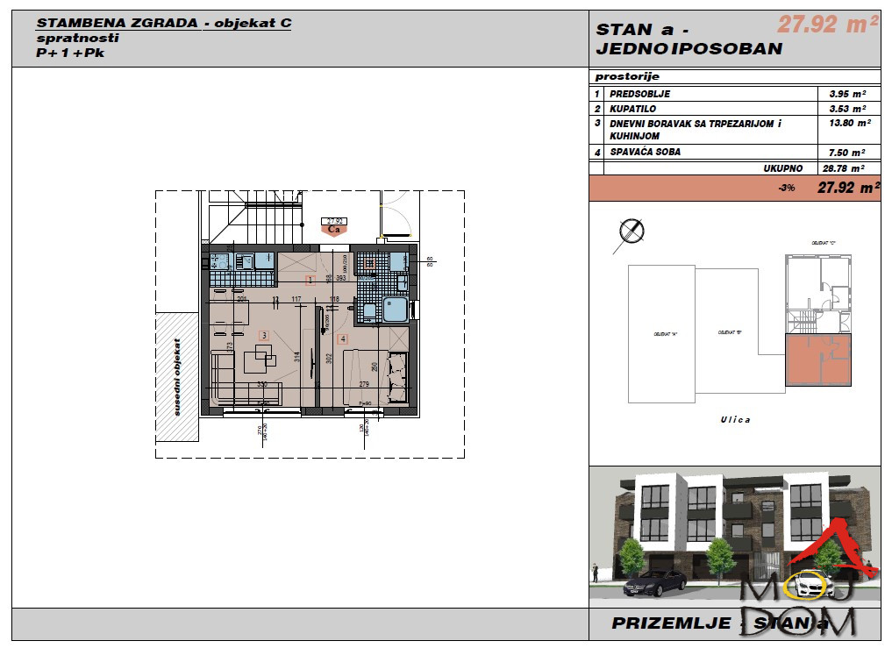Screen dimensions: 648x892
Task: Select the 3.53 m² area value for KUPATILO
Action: tap(847, 109)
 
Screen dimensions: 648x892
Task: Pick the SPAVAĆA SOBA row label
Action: tap(646, 152)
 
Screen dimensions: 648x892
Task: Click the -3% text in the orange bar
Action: tap(786, 188)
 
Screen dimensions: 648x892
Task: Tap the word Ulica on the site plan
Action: tap(735, 420)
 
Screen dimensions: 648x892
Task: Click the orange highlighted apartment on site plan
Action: tap(817, 363)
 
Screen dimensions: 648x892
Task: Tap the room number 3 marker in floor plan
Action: tap(263, 335)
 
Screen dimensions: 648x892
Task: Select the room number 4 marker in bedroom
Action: tap(343, 338)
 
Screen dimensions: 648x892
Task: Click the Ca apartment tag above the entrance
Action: tap(333, 230)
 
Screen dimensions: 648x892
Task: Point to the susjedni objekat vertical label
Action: tap(177, 377)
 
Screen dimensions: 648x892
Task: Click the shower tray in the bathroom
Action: tap(394, 310)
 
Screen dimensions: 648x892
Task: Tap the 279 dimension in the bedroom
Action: tap(365, 383)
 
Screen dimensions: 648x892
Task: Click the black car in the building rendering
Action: tap(657, 580)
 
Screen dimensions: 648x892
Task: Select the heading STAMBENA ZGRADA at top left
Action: tap(118, 23)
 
